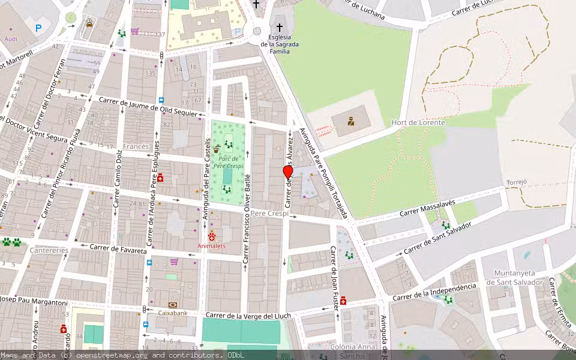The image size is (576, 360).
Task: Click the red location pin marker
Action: [x=287, y=172]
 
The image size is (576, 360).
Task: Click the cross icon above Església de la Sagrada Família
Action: [x=279, y=27]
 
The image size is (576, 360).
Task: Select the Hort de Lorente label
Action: [x=418, y=122]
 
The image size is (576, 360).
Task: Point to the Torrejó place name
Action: [x=517, y=182]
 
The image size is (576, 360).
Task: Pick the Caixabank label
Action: [x=173, y=313]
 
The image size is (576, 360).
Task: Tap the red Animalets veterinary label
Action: [x=212, y=245]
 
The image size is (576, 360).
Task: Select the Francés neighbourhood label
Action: [x=136, y=146]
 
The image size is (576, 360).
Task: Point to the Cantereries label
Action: [x=49, y=250]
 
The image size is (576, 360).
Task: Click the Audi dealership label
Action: [x=11, y=38]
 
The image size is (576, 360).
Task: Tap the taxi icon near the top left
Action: [x=89, y=23]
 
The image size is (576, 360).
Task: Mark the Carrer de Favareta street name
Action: [x=118, y=249]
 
